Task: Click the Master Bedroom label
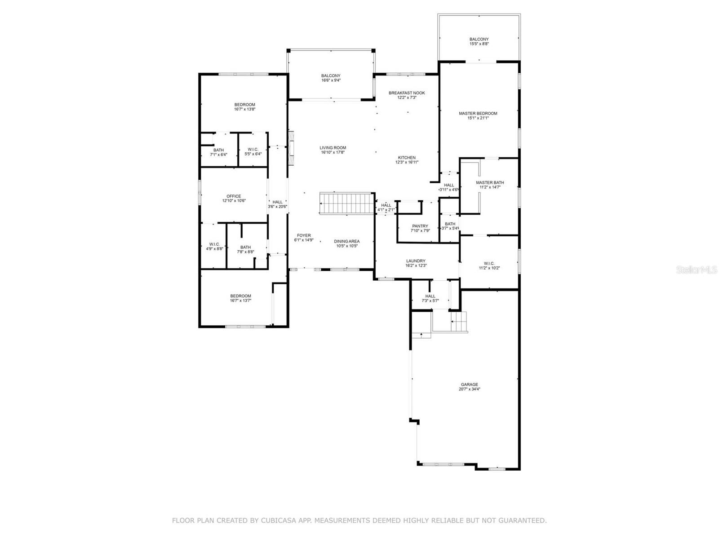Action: (x=478, y=113)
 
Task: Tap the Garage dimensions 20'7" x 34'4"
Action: (x=469, y=389)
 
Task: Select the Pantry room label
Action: (x=420, y=226)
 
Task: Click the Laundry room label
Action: (x=416, y=261)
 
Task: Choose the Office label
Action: (x=234, y=196)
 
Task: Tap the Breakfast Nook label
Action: (x=407, y=93)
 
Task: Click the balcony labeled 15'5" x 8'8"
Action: (x=479, y=41)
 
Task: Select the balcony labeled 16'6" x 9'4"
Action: (x=331, y=78)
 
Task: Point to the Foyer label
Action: (x=304, y=235)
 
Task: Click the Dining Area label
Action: (x=346, y=241)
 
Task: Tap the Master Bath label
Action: (x=490, y=182)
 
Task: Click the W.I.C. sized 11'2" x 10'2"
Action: (x=489, y=265)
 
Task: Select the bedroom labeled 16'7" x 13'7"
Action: (x=240, y=298)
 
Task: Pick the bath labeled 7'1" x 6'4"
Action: (x=218, y=152)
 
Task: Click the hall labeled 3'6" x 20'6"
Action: (x=277, y=204)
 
